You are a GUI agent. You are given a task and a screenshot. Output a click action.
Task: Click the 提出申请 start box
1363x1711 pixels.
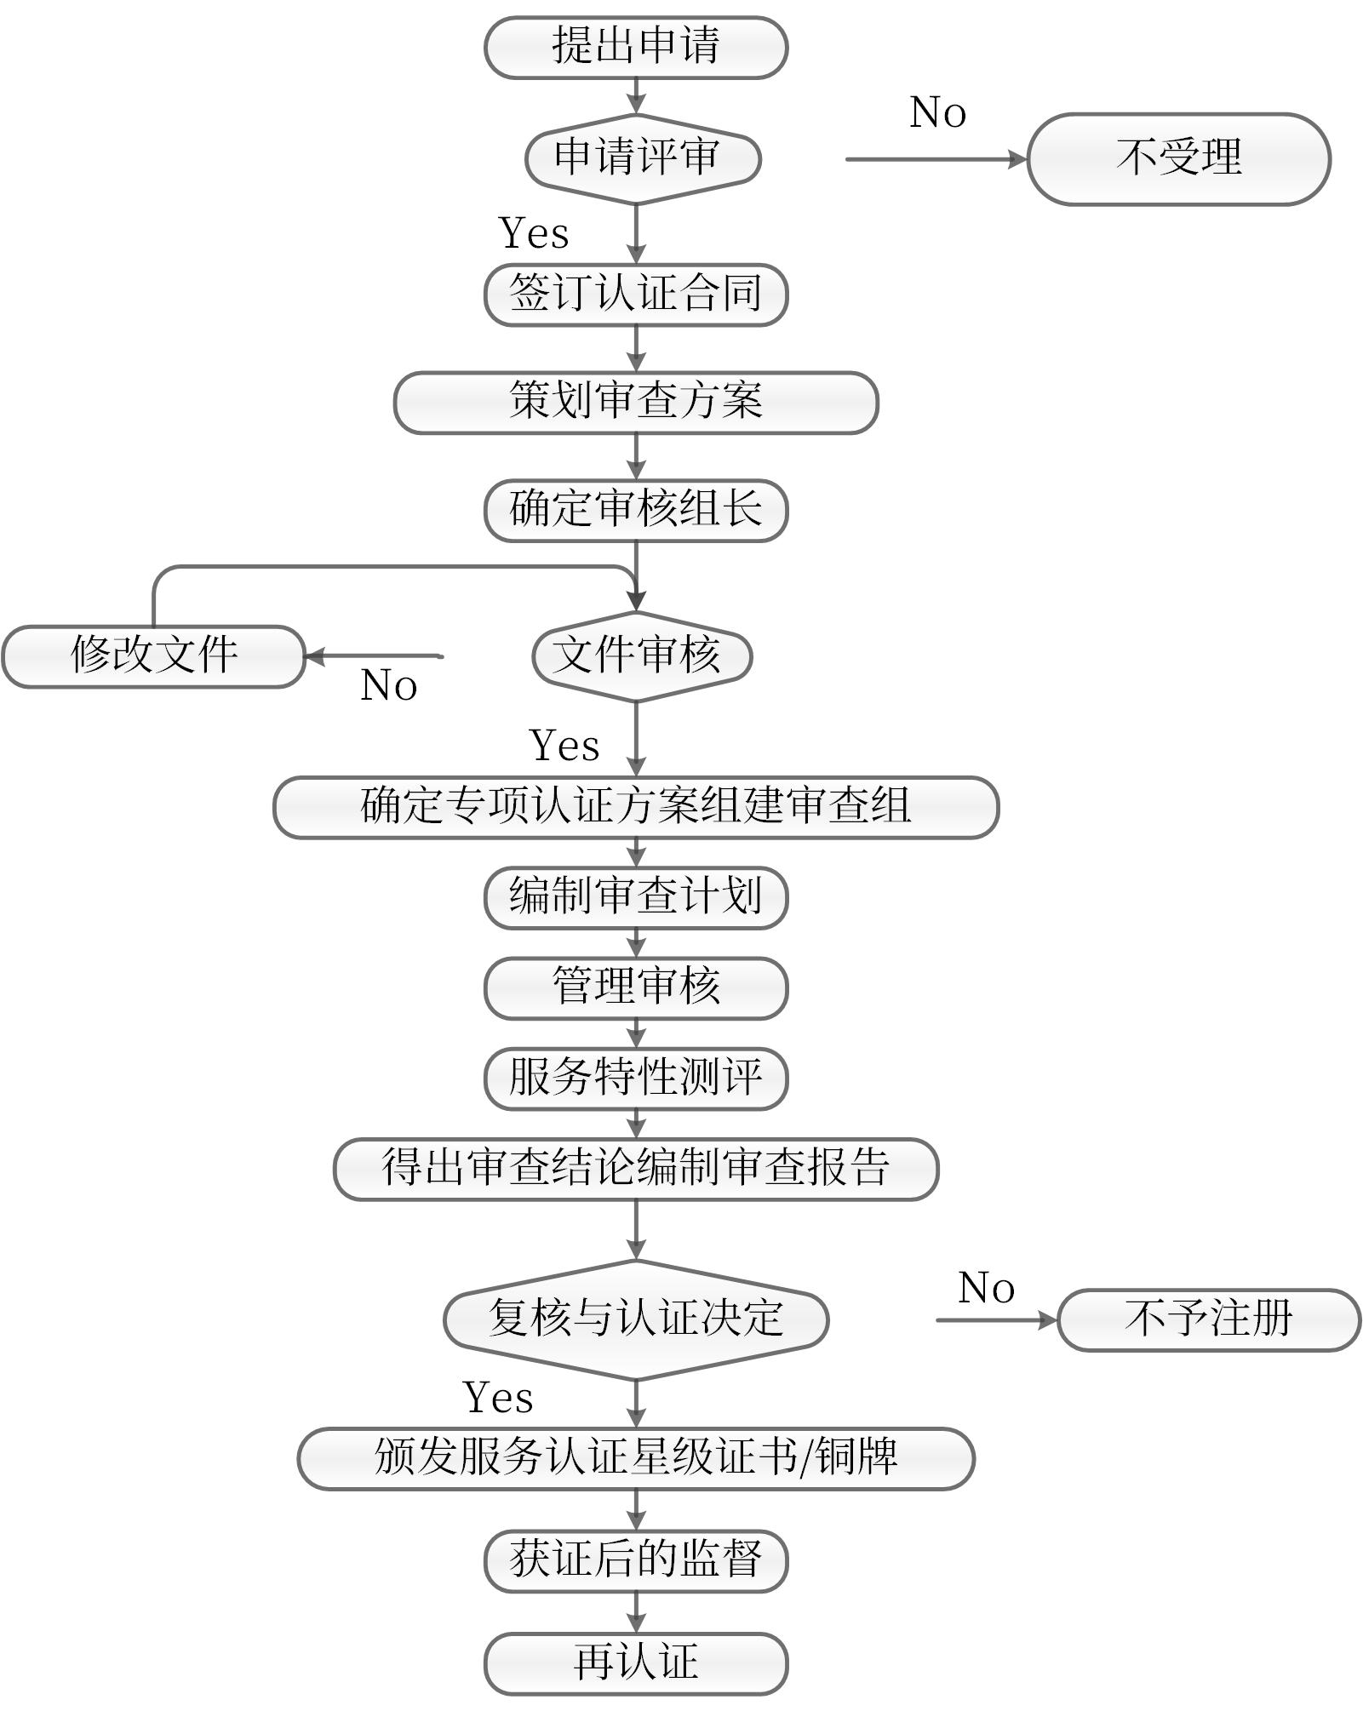[635, 47]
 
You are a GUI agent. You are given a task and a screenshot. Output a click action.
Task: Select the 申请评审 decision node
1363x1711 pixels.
[642, 158]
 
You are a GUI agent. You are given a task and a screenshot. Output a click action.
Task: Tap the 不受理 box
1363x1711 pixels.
[1178, 159]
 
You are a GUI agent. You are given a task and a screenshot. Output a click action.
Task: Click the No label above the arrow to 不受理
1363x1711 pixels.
[937, 112]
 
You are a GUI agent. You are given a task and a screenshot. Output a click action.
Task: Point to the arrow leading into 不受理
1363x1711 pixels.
[936, 159]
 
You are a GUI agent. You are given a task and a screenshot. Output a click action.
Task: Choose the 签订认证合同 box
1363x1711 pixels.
[635, 295]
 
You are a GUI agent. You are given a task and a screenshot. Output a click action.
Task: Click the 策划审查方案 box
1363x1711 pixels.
[635, 402]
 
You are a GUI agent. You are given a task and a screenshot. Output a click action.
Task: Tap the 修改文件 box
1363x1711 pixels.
[153, 656]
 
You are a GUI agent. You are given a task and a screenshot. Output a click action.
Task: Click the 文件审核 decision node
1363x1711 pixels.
[641, 656]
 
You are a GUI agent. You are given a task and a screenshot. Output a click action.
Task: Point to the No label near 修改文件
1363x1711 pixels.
[388, 685]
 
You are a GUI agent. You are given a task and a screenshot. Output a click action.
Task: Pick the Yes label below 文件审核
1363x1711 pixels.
[564, 746]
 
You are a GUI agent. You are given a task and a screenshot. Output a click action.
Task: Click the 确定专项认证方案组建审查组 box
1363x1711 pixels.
[635, 807]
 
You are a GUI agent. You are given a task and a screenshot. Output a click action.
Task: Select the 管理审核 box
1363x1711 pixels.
[635, 987]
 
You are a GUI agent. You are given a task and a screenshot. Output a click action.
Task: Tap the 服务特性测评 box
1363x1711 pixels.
[635, 1078]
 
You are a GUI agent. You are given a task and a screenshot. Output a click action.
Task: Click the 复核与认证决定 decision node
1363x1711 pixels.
[635, 1319]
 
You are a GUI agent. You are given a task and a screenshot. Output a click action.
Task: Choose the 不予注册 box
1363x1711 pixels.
[1208, 1319]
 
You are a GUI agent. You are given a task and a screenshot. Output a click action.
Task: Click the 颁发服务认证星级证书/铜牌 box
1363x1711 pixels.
[635, 1458]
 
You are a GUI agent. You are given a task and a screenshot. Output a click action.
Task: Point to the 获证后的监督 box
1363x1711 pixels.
[635, 1561]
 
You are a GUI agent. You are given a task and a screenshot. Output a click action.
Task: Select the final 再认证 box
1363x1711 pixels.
[635, 1663]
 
